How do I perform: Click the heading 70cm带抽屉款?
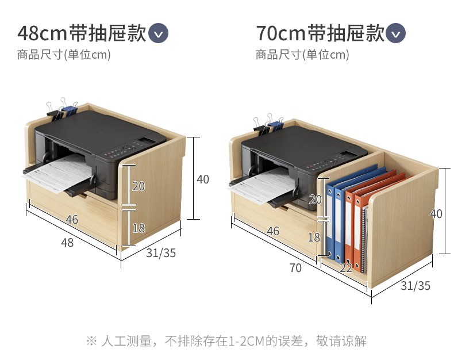click(320, 33)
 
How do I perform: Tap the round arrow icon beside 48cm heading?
click(159, 33)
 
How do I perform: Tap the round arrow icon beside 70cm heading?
click(396, 33)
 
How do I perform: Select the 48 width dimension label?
click(67, 243)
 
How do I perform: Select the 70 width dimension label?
click(295, 268)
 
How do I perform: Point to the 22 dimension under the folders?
click(345, 268)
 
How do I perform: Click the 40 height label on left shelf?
click(203, 179)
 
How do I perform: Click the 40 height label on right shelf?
click(436, 213)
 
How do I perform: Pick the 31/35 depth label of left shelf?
click(160, 253)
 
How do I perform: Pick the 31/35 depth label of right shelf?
click(415, 286)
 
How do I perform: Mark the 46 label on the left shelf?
click(72, 220)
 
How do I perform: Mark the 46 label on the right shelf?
click(273, 231)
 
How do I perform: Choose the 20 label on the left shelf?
click(138, 186)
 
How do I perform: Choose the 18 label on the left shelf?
click(138, 228)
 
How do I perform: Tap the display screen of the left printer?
click(149, 140)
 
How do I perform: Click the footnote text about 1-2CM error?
click(226, 340)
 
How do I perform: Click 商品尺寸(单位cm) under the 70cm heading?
click(302, 55)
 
